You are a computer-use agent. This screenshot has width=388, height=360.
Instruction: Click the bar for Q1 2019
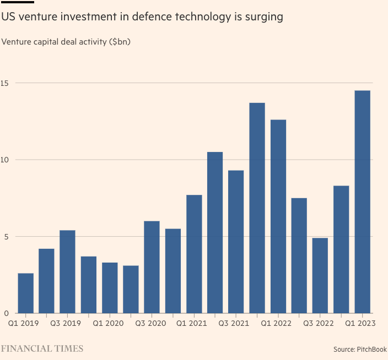(x=25, y=293)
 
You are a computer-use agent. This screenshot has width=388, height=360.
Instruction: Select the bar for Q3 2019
(x=67, y=272)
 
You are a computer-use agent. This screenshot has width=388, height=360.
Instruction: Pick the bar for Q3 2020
(x=152, y=268)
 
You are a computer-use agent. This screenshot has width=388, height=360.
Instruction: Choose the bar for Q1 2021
(x=194, y=254)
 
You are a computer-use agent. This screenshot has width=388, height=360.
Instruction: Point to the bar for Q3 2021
(x=236, y=242)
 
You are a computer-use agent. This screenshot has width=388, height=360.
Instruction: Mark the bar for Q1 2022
(x=278, y=217)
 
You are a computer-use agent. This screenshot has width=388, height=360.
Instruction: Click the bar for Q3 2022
(x=320, y=276)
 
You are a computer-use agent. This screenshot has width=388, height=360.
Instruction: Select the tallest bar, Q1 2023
(x=362, y=202)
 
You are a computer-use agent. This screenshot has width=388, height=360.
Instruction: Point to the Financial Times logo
(x=42, y=348)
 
